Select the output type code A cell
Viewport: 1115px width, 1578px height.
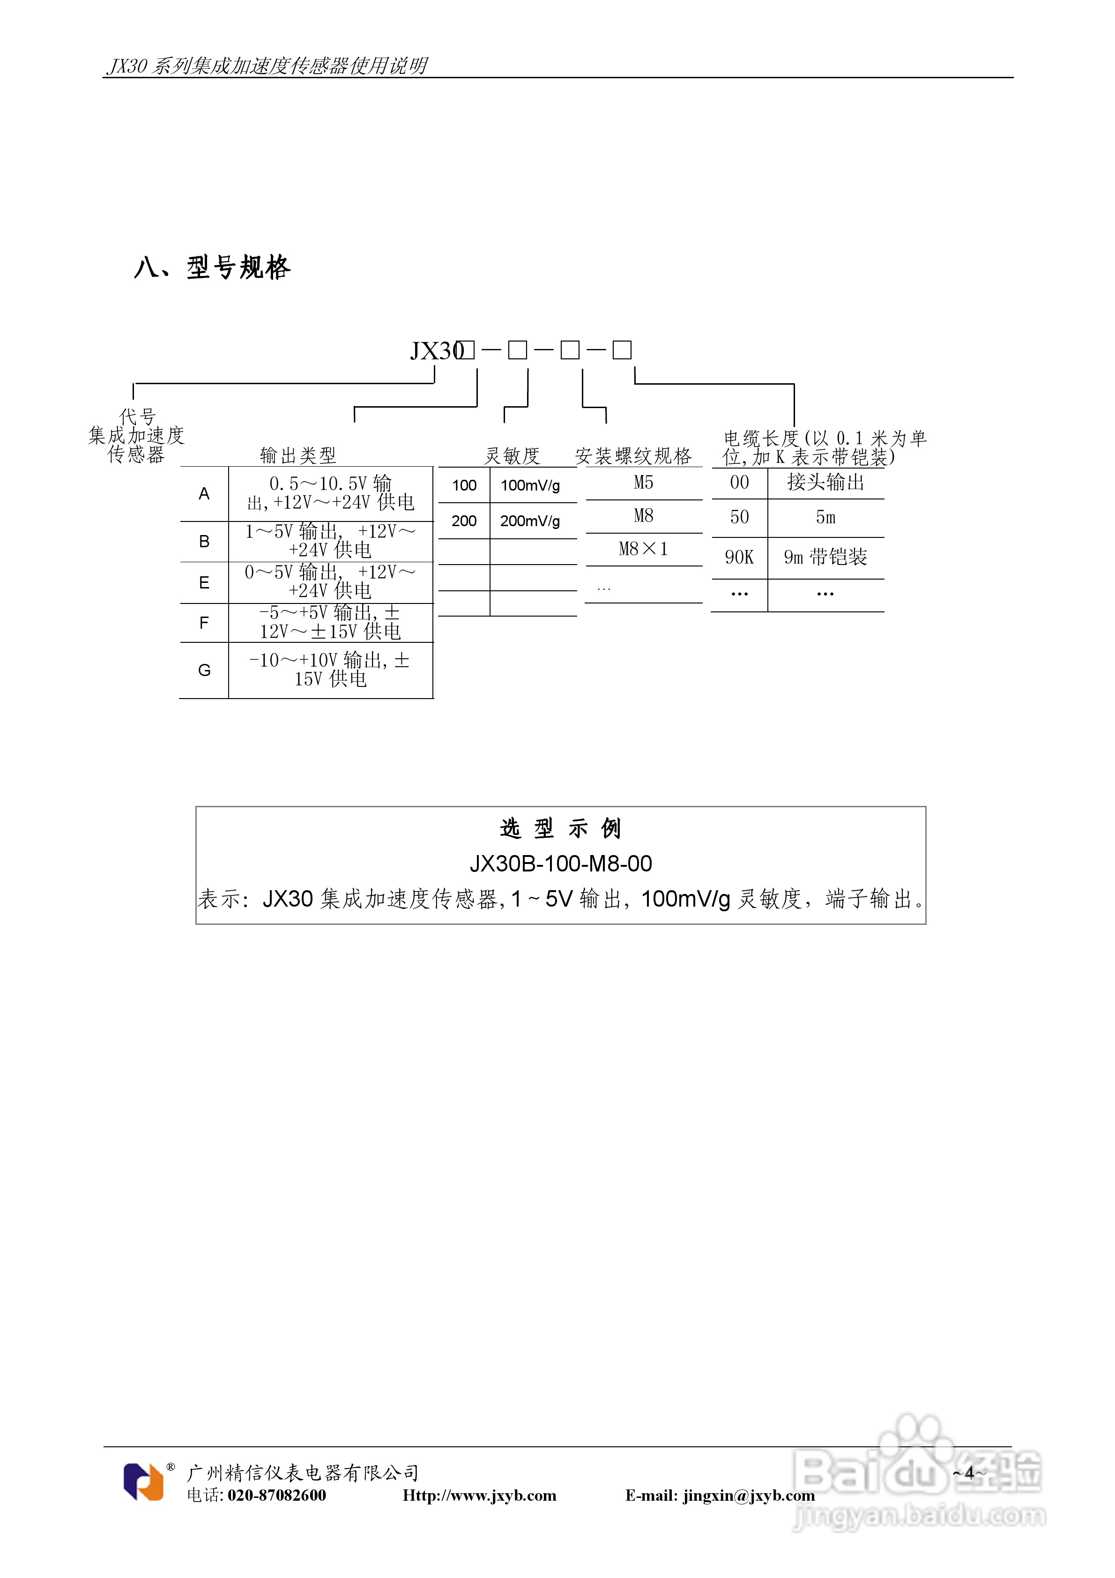coord(204,493)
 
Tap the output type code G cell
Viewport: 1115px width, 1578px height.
coord(204,670)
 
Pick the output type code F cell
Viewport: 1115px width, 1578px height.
coord(204,623)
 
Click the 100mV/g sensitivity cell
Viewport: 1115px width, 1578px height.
coord(530,485)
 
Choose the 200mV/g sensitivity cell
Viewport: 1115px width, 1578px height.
coord(530,521)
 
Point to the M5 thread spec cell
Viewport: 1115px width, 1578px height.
coord(643,483)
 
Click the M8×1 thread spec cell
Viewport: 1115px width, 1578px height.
coord(643,549)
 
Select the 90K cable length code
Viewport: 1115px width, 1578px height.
coord(739,558)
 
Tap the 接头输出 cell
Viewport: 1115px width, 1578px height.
coord(825,483)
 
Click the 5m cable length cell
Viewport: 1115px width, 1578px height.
coord(825,518)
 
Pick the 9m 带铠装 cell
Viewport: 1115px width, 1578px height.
coord(825,558)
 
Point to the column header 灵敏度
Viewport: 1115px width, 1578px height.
coord(512,456)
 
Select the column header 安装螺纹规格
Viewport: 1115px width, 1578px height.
coord(633,456)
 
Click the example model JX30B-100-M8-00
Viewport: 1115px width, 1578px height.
coord(560,863)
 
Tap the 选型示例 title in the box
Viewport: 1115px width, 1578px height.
coord(560,828)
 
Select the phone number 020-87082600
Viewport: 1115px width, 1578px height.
coord(276,1495)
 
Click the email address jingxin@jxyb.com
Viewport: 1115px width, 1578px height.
coord(749,1496)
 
